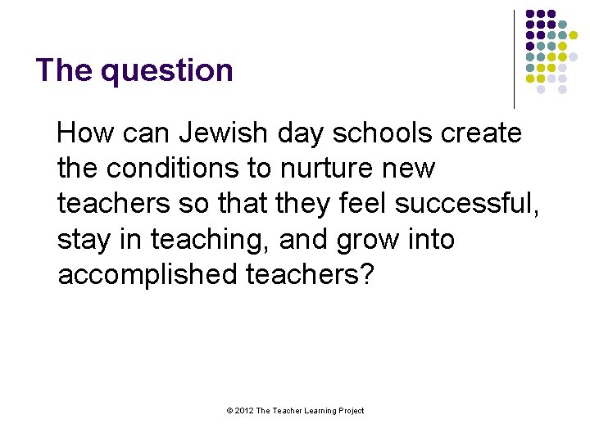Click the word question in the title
pyautogui.click(x=167, y=71)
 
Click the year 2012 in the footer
pyautogui.click(x=244, y=411)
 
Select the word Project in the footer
pyautogui.click(x=350, y=411)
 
